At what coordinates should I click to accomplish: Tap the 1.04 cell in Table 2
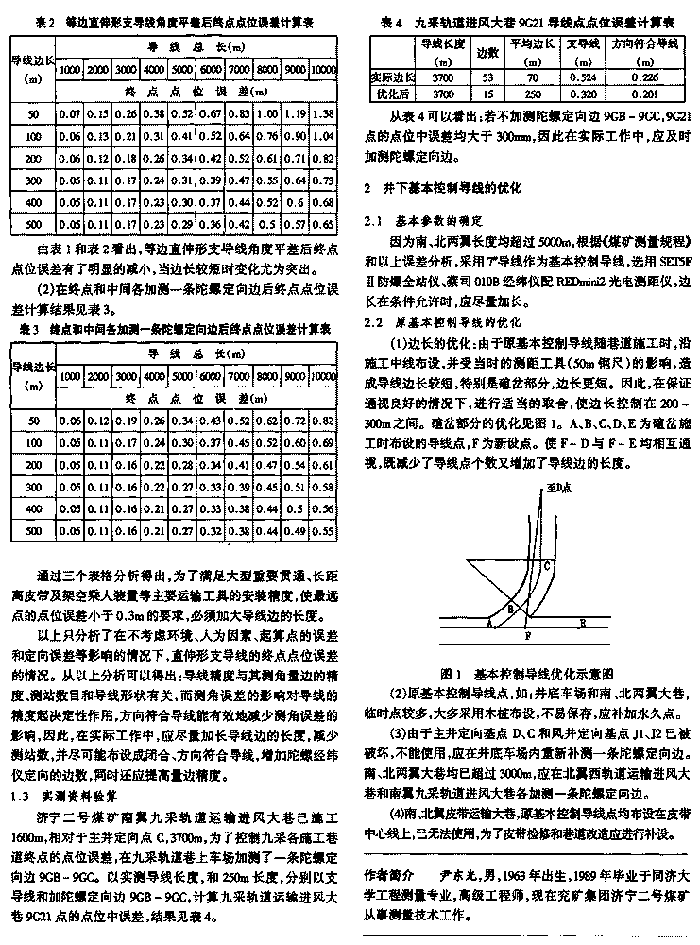pyautogui.click(x=324, y=135)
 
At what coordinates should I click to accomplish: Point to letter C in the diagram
pyautogui.click(x=547, y=566)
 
